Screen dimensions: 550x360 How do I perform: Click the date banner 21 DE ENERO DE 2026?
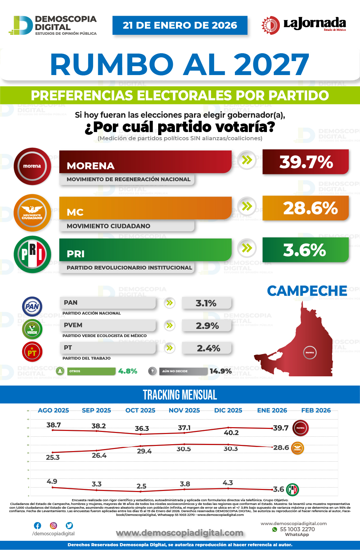[180, 25]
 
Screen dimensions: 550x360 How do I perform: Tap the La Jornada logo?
[303, 25]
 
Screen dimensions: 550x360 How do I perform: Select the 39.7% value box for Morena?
[305, 162]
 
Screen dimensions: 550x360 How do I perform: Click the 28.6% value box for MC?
[305, 208]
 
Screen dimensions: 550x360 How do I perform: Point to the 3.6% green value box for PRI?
[305, 250]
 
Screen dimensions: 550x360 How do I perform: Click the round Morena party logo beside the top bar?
[32, 166]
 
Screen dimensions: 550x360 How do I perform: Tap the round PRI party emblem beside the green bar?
[32, 254]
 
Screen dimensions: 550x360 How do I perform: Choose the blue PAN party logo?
[32, 306]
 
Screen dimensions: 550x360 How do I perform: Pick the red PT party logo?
[32, 352]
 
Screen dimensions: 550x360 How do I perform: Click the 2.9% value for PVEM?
[207, 326]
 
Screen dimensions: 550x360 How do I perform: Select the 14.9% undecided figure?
[221, 371]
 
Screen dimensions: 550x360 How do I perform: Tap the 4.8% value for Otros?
[127, 371]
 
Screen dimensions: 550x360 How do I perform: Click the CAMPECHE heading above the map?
[307, 291]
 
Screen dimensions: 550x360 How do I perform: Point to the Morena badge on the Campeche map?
[310, 352]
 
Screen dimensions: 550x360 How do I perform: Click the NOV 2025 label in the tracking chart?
[184, 410]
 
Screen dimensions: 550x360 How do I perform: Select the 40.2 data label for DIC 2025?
[231, 433]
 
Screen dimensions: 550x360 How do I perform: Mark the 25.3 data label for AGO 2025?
[53, 458]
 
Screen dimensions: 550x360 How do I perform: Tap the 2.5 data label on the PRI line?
[141, 486]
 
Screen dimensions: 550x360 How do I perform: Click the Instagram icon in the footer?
[54, 525]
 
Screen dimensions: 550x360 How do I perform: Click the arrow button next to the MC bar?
[247, 206]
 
